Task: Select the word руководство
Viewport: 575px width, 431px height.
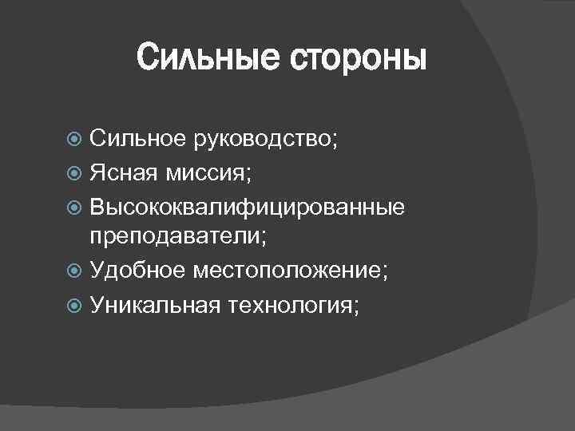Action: point(260,140)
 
